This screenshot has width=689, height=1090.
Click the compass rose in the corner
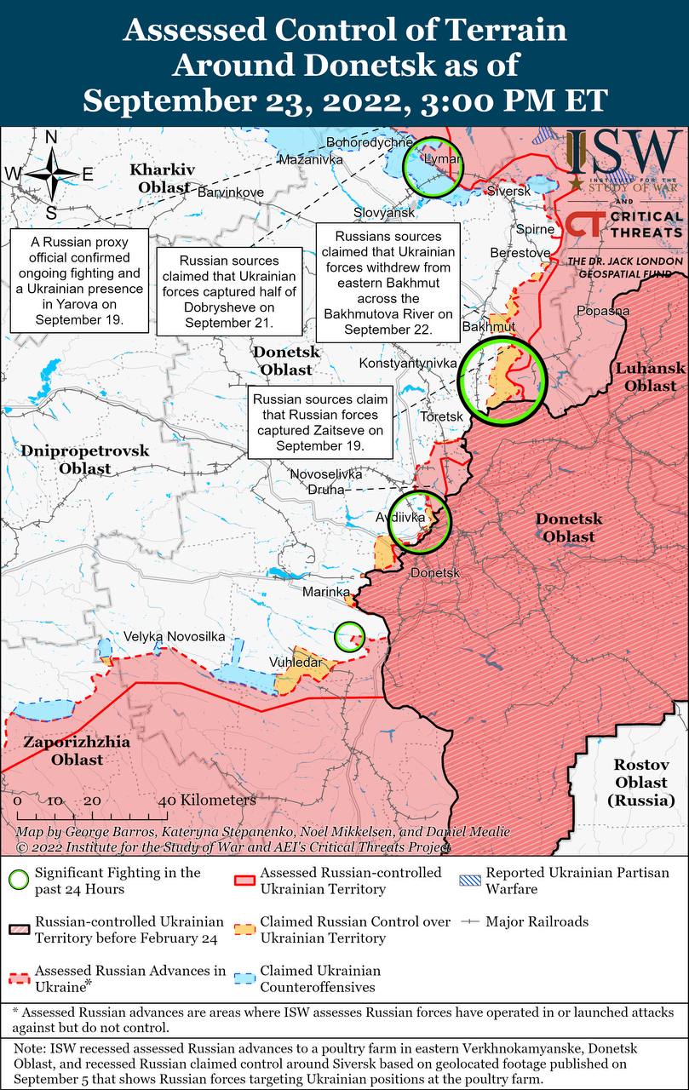tap(50, 174)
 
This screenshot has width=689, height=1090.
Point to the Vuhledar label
tap(296, 663)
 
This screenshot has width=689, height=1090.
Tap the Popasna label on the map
tap(602, 311)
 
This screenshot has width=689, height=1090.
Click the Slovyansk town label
tap(384, 211)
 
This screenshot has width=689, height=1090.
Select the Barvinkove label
tap(230, 192)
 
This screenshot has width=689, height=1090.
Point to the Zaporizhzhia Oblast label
tap(77, 750)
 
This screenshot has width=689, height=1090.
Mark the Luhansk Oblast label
tap(651, 376)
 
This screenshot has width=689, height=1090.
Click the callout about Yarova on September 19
tap(80, 278)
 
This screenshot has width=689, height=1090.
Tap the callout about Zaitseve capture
tap(319, 422)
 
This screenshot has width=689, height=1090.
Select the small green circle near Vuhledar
tap(349, 635)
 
